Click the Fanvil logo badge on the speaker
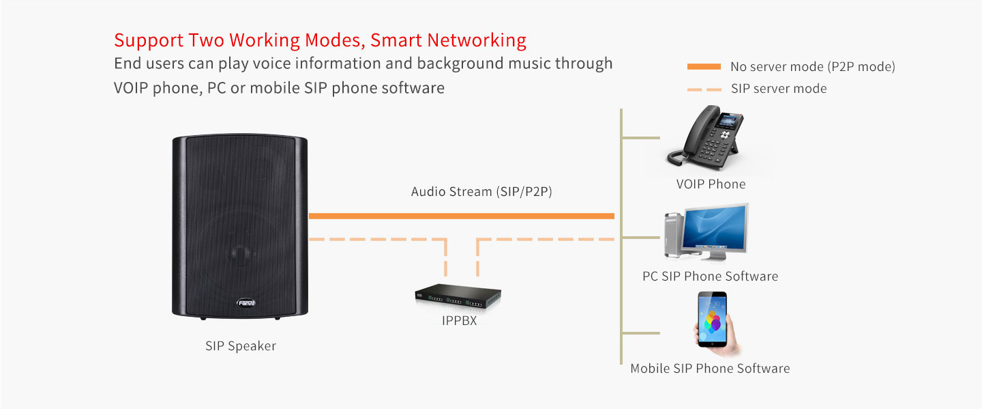click(247, 302)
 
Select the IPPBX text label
click(458, 320)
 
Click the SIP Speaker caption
click(241, 346)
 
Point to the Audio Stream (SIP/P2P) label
click(481, 192)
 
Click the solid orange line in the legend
click(704, 66)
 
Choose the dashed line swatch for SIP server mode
click(704, 89)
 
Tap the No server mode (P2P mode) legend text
click(812, 67)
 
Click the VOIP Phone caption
click(711, 184)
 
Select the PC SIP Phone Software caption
click(710, 277)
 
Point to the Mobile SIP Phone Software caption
click(710, 369)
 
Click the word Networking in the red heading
click(483, 40)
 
